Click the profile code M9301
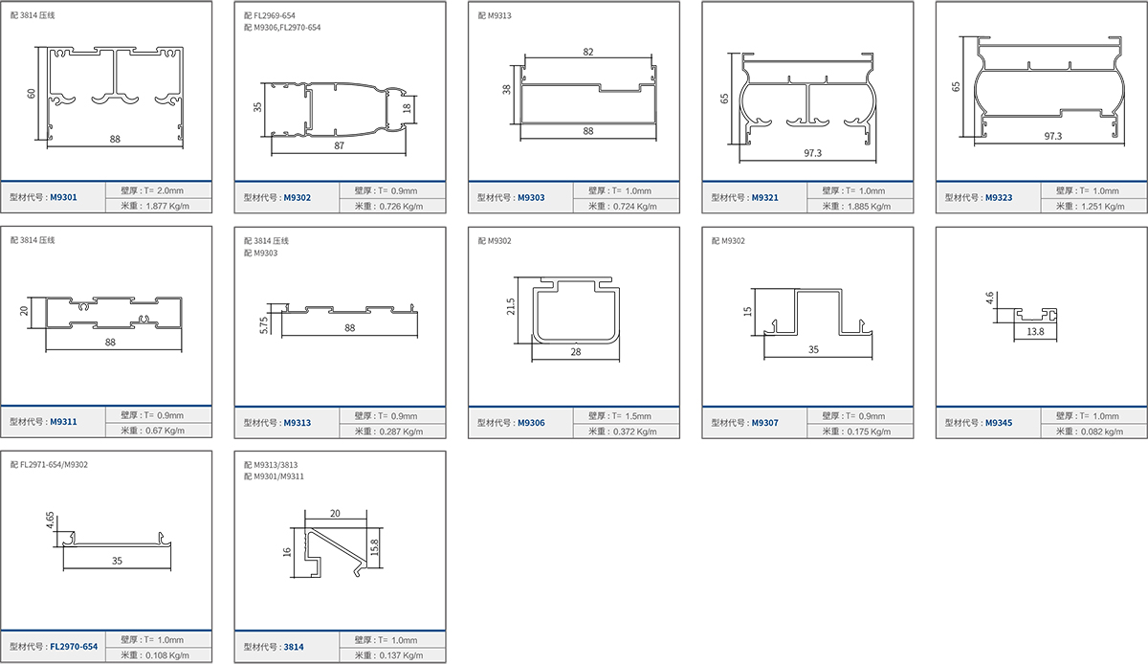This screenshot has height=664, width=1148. [63, 197]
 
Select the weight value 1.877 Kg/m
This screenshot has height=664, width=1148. [167, 206]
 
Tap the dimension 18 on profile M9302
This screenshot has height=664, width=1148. [407, 108]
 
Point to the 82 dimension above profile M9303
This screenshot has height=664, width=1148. [587, 52]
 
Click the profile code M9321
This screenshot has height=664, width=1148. [764, 197]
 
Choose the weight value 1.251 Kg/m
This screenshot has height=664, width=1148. [1103, 206]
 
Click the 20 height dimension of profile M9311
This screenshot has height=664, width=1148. [24, 311]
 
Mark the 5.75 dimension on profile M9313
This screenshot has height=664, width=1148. [264, 325]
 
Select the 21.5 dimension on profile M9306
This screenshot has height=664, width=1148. [511, 306]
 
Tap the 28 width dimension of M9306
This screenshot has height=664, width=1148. [576, 352]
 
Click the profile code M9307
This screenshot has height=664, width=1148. [764, 423]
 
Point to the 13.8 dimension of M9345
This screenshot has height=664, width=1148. [1035, 332]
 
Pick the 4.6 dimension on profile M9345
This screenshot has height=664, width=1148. [989, 298]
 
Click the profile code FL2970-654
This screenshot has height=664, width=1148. [74, 647]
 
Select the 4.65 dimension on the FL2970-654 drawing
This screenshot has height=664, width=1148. [50, 520]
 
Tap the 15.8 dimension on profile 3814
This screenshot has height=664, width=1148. [374, 547]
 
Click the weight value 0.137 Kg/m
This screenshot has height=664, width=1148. [401, 655]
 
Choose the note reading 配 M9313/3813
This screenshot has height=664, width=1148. [271, 465]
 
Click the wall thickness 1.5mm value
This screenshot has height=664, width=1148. [638, 416]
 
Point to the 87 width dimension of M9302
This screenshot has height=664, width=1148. [340, 145]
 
